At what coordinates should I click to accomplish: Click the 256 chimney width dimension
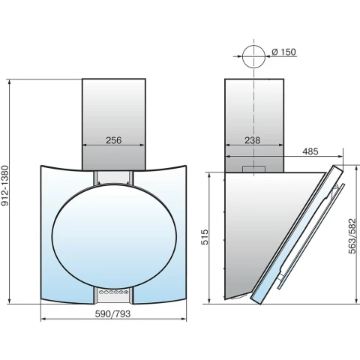[114, 140]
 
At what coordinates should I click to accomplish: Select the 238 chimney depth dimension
[252, 140]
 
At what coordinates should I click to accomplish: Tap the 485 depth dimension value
[310, 151]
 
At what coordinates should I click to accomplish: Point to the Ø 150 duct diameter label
[283, 52]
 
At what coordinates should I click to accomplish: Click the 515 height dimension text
[205, 237]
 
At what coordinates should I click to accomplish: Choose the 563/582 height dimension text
[352, 236]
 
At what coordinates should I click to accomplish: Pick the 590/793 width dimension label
[112, 313]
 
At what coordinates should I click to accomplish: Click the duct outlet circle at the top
[253, 56]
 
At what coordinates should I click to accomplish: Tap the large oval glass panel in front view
[114, 236]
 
